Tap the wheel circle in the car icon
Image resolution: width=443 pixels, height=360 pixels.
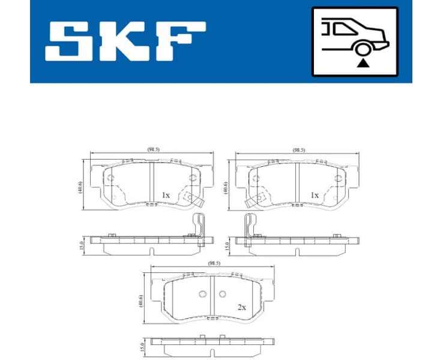(361, 50)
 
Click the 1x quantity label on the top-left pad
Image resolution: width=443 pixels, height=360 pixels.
(166, 195)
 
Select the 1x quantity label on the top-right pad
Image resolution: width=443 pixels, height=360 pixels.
(313, 195)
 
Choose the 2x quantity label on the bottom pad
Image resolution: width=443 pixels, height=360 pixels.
(242, 307)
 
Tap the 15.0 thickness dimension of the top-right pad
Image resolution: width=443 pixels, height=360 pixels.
(227, 245)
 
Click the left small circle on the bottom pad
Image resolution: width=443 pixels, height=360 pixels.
(202, 294)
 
